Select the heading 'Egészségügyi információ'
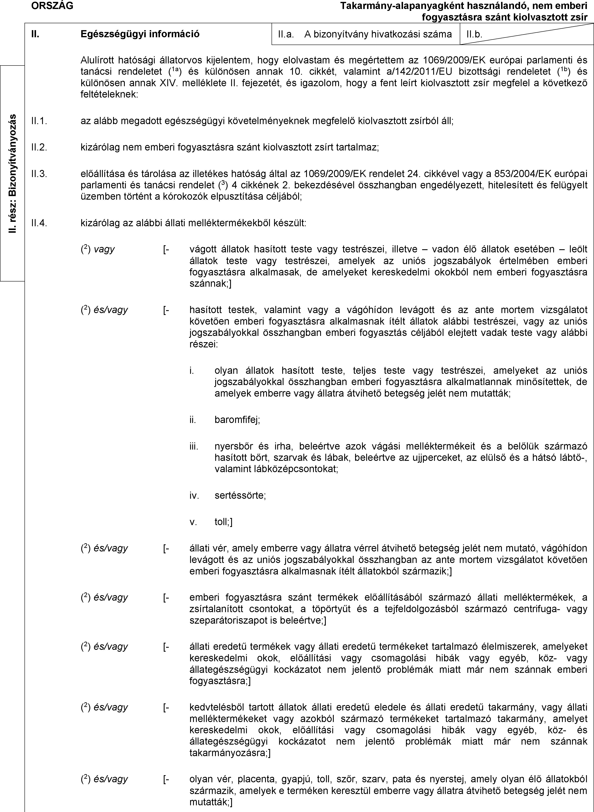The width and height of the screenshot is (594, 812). (x=140, y=34)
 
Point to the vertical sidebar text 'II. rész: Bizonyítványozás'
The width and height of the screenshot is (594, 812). (x=13, y=173)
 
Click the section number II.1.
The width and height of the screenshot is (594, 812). (x=40, y=121)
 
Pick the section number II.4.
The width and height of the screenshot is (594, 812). (x=40, y=223)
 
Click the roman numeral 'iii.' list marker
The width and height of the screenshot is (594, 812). (x=194, y=446)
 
